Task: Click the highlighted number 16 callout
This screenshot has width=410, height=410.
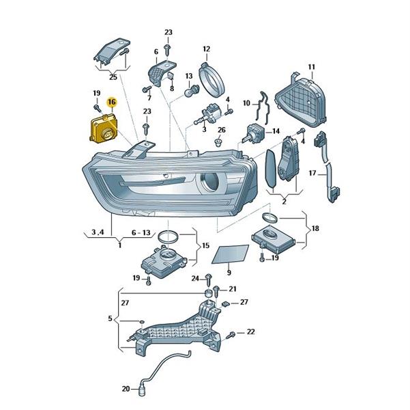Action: pos(112,102)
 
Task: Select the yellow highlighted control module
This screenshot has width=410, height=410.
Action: pos(104,129)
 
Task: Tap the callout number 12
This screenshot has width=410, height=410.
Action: pos(206,49)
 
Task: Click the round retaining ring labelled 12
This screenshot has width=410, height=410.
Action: pos(211,79)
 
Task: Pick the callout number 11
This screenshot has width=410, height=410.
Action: pos(311,67)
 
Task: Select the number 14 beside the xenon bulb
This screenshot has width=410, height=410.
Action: pos(276,131)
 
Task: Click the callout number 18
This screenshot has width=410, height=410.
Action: pos(315,228)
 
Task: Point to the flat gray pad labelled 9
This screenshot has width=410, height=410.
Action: pos(230,254)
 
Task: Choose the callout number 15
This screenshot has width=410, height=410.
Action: pos(206,245)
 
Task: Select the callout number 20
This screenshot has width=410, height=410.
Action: pos(126,389)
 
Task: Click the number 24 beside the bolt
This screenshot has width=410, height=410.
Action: pos(195,279)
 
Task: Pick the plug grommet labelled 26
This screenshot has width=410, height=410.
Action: pos(218,143)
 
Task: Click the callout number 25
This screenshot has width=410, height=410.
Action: pos(113,77)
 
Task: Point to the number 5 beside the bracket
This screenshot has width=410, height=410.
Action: pos(110,318)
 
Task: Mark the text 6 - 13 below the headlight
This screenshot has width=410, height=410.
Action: pos(141,232)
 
